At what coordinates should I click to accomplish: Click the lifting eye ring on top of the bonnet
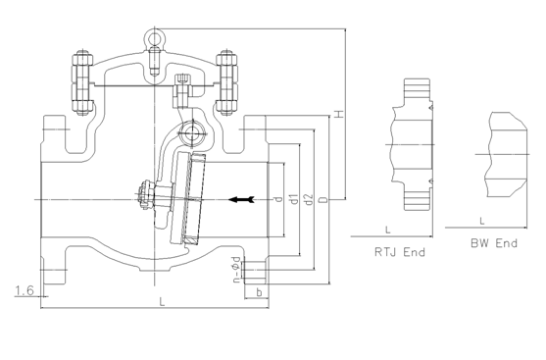154,40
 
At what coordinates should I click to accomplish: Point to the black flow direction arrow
240,200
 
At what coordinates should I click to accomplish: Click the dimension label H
337,116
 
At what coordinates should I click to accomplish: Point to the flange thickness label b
257,292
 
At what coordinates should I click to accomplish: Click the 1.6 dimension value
25,291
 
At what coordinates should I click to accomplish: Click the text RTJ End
400,252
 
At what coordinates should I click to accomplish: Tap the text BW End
492,242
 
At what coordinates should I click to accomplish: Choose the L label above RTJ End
376,229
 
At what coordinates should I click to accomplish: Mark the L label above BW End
482,220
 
